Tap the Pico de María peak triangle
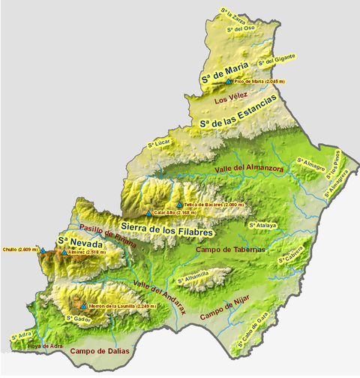(229, 81)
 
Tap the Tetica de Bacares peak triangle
(178, 204)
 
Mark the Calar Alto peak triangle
(149, 213)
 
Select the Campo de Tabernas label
(223, 249)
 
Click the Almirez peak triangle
(63, 253)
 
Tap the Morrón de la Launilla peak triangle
(83, 306)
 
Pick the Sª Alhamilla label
(193, 279)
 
